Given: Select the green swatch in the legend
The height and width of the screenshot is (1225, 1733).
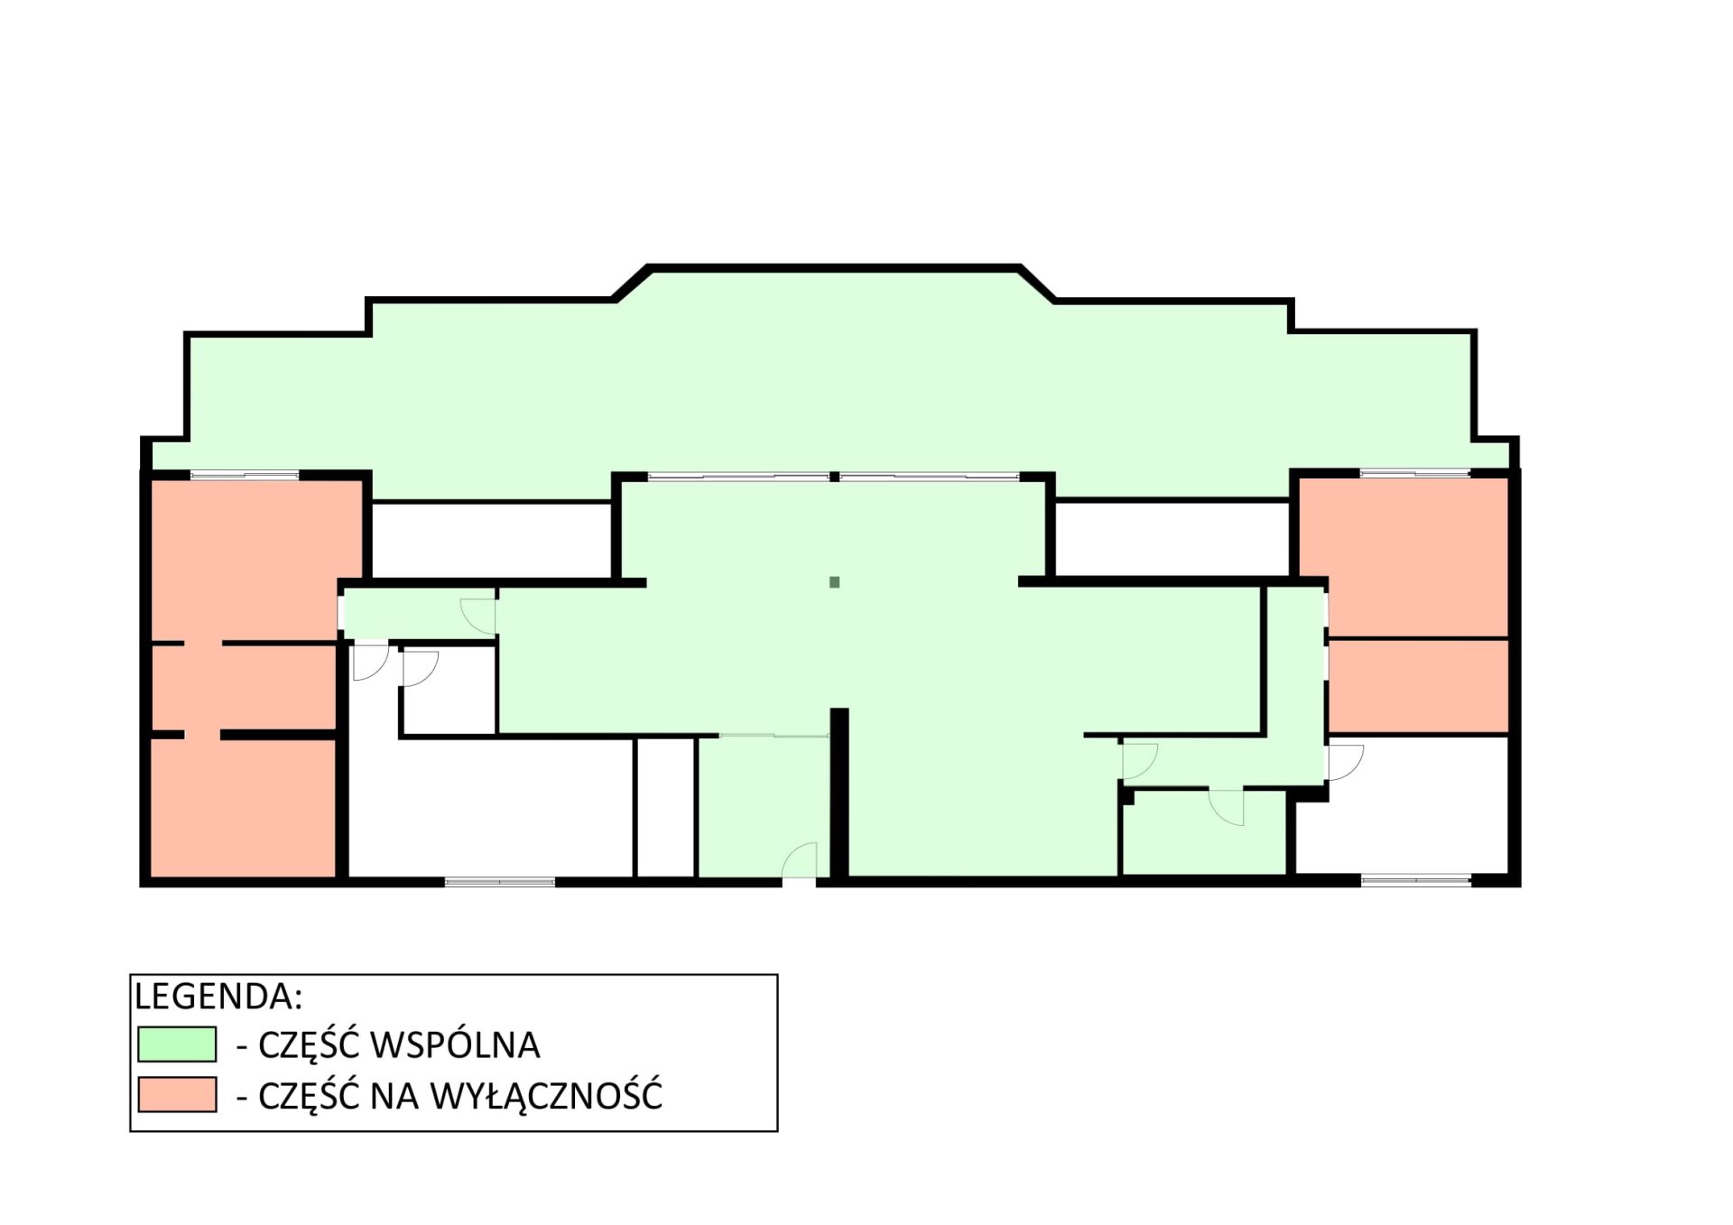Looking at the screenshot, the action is click(x=177, y=1044).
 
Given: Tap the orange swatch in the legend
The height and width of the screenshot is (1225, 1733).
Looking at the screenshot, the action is click(x=177, y=1094).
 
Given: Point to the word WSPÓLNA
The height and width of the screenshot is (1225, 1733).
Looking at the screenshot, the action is click(x=456, y=1044).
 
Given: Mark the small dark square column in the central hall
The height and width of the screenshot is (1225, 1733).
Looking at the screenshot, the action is click(x=835, y=582).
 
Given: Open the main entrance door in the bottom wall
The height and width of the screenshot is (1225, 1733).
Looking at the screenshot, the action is click(x=799, y=859).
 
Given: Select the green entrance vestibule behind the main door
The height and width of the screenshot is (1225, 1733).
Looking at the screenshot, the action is click(x=764, y=806).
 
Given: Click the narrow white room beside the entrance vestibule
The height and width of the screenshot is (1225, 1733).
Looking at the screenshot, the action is click(x=665, y=807).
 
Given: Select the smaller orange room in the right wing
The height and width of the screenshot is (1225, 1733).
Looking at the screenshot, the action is click(x=1418, y=686).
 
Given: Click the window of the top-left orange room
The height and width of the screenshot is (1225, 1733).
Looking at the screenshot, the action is click(x=245, y=475).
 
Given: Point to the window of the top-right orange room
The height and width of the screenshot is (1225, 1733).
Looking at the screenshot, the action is click(x=1414, y=473).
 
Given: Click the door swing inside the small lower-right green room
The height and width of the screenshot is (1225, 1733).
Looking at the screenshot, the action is click(x=1227, y=808).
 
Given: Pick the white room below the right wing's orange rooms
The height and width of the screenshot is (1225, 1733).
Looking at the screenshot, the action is click(x=1404, y=805).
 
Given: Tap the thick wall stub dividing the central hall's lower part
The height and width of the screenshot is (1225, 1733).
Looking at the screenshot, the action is click(x=839, y=793).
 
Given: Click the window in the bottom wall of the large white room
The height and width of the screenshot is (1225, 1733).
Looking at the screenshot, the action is click(x=500, y=882).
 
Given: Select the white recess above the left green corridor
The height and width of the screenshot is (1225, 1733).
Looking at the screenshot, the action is click(x=492, y=540).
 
